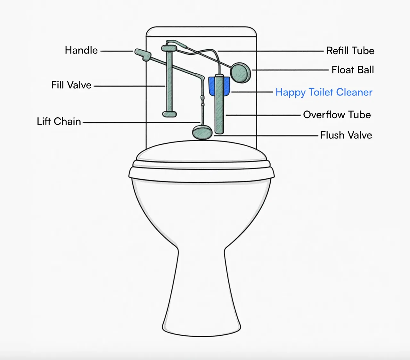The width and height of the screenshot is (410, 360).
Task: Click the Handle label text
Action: (x=81, y=50)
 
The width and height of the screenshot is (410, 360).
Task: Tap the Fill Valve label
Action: (x=71, y=85)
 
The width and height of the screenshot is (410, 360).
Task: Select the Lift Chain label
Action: (x=59, y=121)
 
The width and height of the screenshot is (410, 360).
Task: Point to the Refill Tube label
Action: (x=350, y=51)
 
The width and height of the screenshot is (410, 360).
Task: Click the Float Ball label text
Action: (x=353, y=70)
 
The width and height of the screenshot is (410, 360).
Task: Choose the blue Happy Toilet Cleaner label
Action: (x=324, y=93)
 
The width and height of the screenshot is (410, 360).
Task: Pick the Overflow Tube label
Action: (x=337, y=115)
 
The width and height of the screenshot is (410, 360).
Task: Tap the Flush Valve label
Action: (x=346, y=135)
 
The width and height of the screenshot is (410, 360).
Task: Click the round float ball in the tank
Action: (x=241, y=73)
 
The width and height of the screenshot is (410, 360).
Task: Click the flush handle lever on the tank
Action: (x=143, y=54)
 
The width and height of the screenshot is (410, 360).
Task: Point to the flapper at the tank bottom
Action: (x=202, y=133)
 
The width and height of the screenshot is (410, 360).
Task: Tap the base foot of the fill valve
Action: (x=169, y=114)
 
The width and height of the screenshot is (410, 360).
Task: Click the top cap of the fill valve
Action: (x=169, y=48)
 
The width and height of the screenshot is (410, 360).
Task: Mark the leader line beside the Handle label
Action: (x=117, y=51)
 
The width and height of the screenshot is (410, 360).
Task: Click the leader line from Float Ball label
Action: (x=291, y=70)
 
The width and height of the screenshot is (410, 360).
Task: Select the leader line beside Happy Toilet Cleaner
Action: (x=252, y=92)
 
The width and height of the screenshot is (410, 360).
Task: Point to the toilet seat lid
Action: (x=201, y=151)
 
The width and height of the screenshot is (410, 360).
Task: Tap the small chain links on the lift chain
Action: (x=202, y=101)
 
